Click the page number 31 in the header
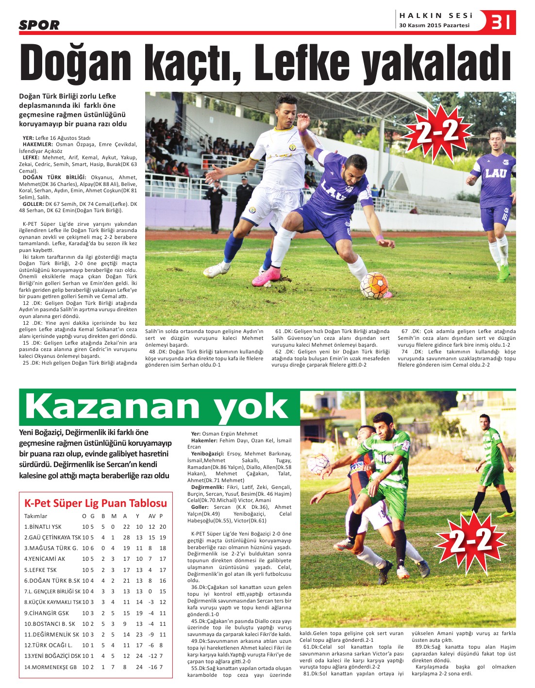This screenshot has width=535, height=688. (501, 22)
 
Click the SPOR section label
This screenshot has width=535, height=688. (39, 25)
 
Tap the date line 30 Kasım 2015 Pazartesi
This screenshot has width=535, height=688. (434, 26)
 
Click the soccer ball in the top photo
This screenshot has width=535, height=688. (374, 285)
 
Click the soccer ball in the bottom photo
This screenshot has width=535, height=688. (319, 464)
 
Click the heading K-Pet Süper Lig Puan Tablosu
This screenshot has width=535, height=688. (96, 503)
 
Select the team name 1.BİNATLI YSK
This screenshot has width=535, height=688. (43, 527)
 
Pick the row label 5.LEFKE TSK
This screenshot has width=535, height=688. (40, 570)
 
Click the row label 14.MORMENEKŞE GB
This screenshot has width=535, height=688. (50, 667)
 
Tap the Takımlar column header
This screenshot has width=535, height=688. (36, 516)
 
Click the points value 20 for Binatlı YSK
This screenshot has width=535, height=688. (163, 527)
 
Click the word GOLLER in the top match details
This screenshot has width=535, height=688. (33, 204)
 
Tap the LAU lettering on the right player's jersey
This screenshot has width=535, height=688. (495, 173)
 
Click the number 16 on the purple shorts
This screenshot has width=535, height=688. (504, 217)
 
